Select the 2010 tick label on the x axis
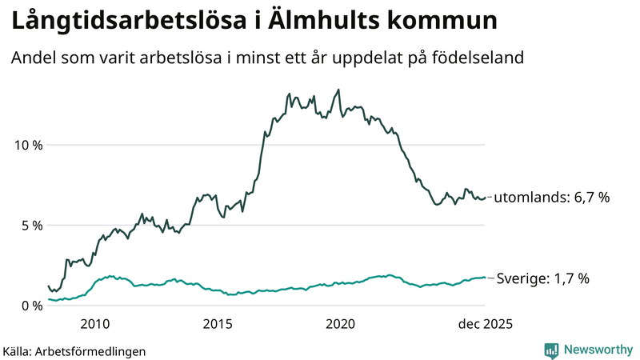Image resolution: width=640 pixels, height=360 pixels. (x=95, y=324)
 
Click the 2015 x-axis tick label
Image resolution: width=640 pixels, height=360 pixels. (x=218, y=324)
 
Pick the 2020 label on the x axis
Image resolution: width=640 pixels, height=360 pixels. (x=341, y=324)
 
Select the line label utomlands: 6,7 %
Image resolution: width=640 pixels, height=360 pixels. (x=552, y=197)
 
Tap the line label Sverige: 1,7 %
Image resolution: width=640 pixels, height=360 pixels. (x=543, y=278)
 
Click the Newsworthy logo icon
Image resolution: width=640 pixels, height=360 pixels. (x=552, y=350)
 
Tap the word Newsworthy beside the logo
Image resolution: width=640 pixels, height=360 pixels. (x=597, y=350)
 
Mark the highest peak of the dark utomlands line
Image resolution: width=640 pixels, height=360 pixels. (x=338, y=90)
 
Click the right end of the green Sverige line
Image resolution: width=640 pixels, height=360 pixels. (x=485, y=278)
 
